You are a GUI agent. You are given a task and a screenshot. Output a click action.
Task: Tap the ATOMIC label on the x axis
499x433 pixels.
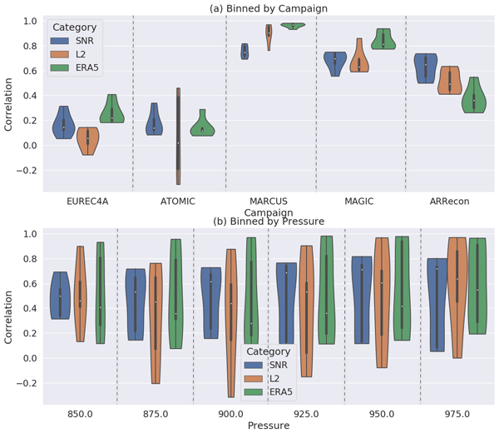coord(178,202)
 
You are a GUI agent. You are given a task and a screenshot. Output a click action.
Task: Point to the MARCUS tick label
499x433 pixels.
coord(269,202)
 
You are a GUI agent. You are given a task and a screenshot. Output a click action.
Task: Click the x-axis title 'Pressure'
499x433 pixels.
coord(269,425)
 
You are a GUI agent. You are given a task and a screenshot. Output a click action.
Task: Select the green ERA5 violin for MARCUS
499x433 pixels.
coord(293,25)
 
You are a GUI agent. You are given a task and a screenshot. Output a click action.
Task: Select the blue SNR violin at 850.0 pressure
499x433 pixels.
coord(60,296)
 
